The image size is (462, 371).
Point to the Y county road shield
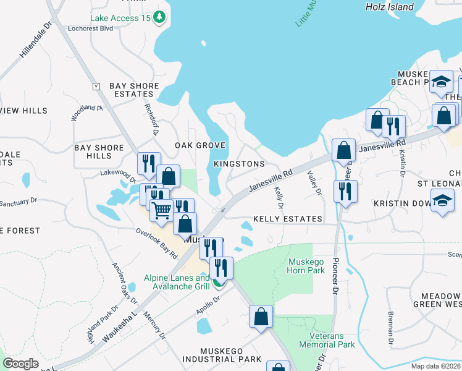pos(96,86)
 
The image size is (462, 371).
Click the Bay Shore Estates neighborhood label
pos(134,90)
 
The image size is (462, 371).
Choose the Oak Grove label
pos(200,145)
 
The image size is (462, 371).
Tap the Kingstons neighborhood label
pos(239,164)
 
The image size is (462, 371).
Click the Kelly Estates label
pos(288,219)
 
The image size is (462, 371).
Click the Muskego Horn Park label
pos(306,266)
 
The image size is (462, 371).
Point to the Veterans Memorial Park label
pos(327,340)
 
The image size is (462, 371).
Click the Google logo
pos(20,364)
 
